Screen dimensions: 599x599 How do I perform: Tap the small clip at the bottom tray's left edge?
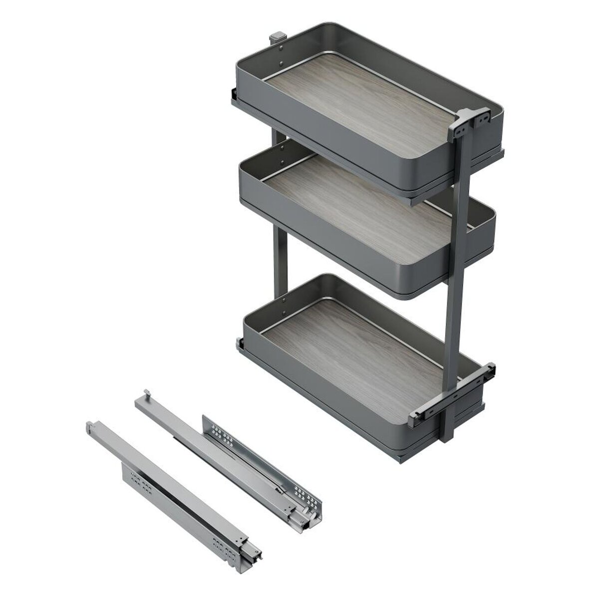238,343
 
